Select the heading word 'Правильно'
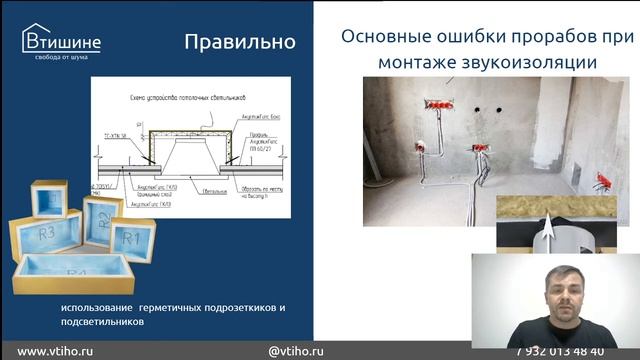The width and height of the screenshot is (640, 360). [x=239, y=41]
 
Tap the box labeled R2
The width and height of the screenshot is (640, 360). [x=102, y=219]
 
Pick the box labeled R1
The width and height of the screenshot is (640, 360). [x=133, y=238]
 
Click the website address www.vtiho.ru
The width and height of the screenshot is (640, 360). [x=57, y=351]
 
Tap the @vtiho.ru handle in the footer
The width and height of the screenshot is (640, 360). [x=296, y=351]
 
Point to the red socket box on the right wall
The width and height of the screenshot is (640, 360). [x=603, y=181]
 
